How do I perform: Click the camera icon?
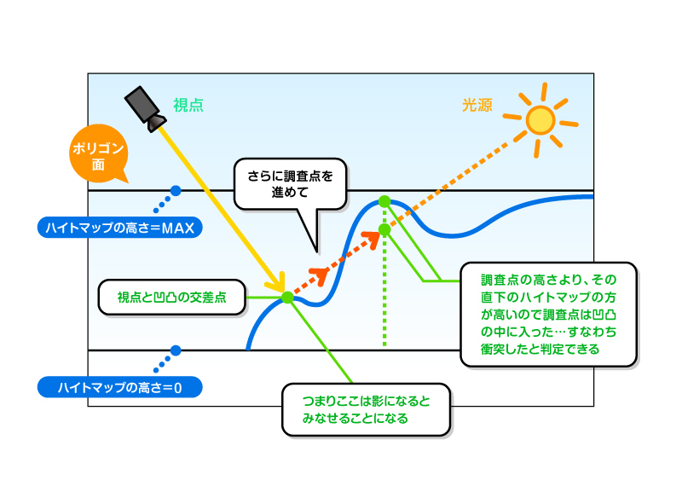click(145, 109)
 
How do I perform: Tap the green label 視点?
click(188, 106)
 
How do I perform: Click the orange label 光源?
click(477, 106)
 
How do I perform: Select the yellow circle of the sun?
click(540, 119)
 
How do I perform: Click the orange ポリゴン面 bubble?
click(97, 154)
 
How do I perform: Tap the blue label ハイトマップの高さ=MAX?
click(119, 227)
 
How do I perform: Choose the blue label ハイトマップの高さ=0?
click(119, 387)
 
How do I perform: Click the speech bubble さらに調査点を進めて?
click(290, 184)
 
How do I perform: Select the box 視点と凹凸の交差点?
click(172, 298)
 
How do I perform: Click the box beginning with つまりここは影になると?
click(366, 409)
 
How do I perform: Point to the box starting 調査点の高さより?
click(548, 315)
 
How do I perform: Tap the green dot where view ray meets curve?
click(287, 298)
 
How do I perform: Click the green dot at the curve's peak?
click(384, 201)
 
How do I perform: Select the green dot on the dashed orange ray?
click(384, 229)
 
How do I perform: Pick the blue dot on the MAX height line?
click(176, 191)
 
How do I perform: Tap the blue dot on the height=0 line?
click(176, 350)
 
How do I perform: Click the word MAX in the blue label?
click(177, 228)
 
